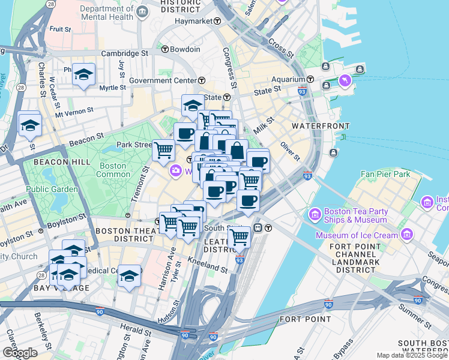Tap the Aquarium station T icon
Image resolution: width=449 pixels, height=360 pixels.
pos(311,79)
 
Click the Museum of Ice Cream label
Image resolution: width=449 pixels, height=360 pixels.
pos(358,235)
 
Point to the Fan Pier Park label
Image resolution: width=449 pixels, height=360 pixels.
pos(384,175)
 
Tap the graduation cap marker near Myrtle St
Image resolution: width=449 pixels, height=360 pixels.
pos(84,74)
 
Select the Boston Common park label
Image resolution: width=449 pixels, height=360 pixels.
pos(113,170)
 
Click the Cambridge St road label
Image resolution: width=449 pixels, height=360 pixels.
pos(124,53)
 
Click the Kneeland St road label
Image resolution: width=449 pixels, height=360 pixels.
pos(208,266)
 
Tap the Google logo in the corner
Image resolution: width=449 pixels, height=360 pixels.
pos(19,353)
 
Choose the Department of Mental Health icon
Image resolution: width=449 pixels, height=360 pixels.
pos(142,13)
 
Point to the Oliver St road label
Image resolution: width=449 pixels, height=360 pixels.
pos(289,151)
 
